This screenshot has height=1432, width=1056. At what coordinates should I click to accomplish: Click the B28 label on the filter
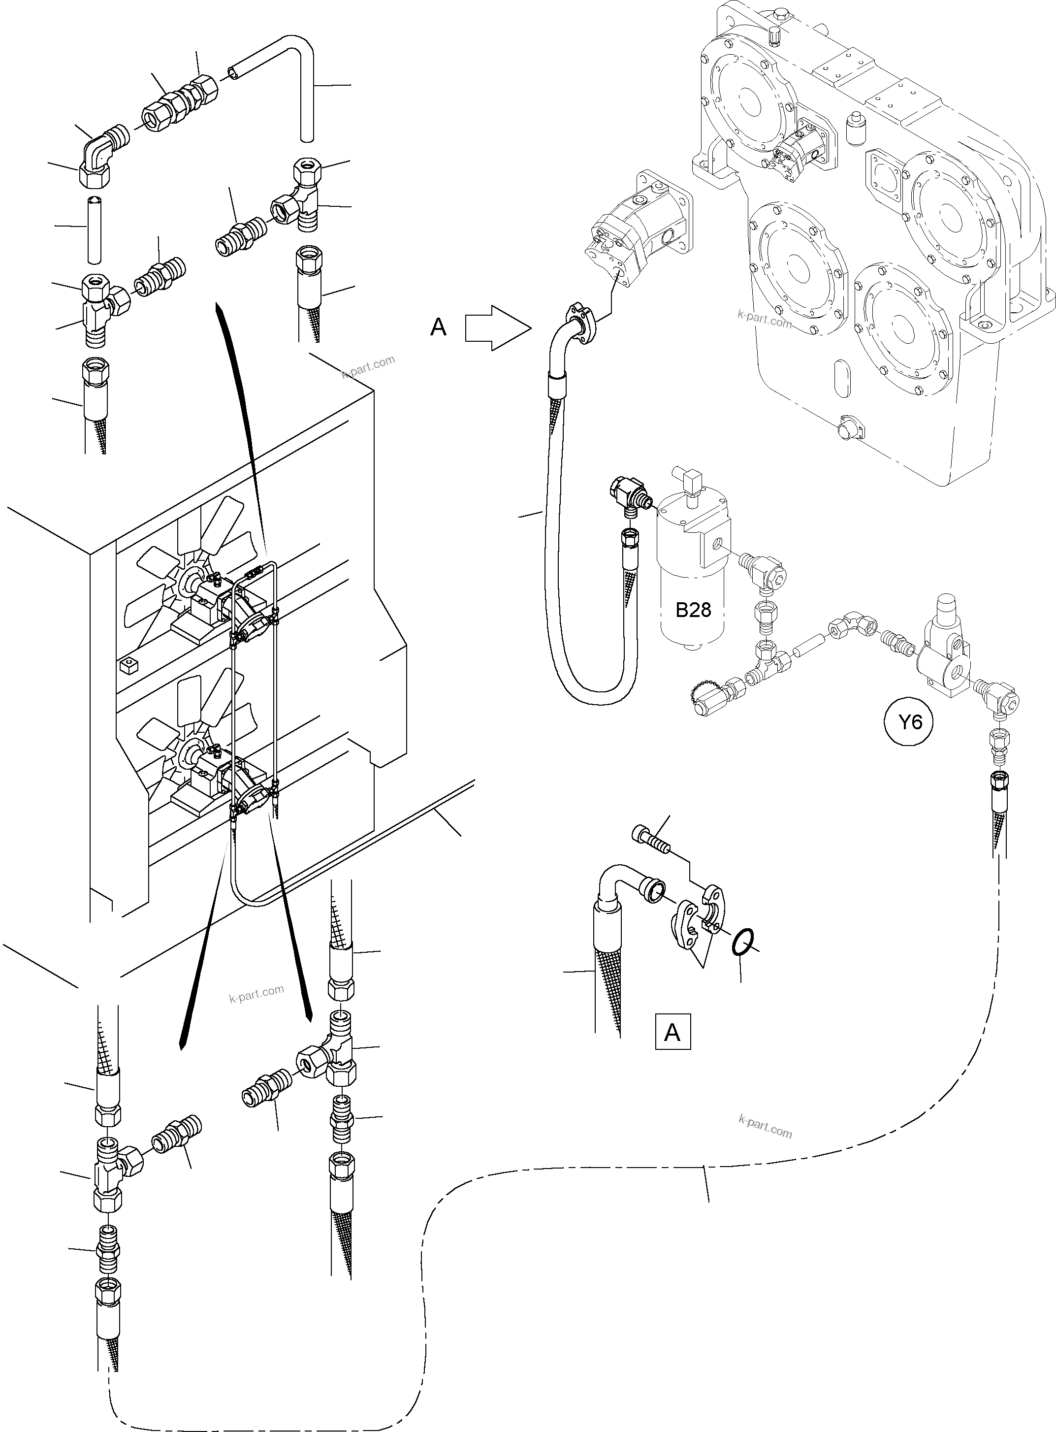(693, 610)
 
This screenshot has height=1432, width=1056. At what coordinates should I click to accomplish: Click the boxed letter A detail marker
(672, 1032)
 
